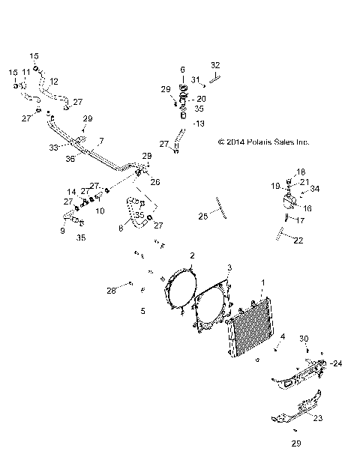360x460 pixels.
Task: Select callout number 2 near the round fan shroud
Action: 192,255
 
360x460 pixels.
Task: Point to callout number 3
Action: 229,267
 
